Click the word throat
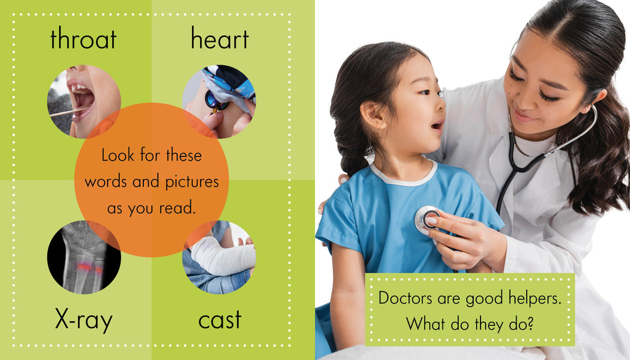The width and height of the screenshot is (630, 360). tap(83, 39)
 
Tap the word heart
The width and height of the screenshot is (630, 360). tap(220, 39)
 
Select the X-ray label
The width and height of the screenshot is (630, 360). tap(84, 320)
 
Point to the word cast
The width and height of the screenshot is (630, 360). tap(220, 321)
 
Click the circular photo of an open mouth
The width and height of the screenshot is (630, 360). tap(84, 102)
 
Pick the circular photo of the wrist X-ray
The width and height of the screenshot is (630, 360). tap(84, 257)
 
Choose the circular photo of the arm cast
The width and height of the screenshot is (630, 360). tap(219, 257)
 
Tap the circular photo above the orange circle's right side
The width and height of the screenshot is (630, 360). tap(219, 102)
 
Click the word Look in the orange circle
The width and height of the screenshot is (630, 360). tap(118, 155)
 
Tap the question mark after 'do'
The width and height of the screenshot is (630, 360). tap(530, 323)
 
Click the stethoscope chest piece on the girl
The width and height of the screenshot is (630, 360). tap(427, 220)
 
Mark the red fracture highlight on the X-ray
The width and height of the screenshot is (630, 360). tap(89, 267)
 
